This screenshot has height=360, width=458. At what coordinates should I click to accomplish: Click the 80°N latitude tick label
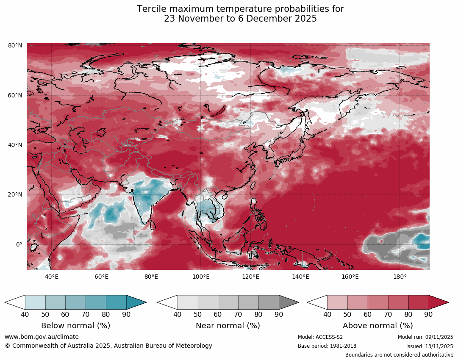click(x=15, y=45)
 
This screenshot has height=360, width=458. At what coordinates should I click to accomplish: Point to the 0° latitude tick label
click(x=19, y=244)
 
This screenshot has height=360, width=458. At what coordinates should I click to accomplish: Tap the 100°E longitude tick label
click(x=201, y=277)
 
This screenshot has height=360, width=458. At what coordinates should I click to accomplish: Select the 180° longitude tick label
click(x=400, y=277)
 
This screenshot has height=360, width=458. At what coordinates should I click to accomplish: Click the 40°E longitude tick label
click(x=52, y=277)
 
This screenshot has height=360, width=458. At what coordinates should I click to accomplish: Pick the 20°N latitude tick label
click(x=15, y=195)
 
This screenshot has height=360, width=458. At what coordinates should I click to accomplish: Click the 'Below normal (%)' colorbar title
click(x=75, y=326)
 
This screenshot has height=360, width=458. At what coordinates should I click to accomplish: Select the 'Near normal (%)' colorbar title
click(x=228, y=326)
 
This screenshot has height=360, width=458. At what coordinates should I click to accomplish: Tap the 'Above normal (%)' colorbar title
click(x=378, y=326)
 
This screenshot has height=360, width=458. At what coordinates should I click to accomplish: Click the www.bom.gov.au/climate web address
click(x=42, y=337)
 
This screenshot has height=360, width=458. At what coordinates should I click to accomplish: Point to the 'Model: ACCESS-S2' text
click(x=320, y=337)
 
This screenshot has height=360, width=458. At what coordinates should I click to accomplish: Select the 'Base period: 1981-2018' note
click(x=327, y=346)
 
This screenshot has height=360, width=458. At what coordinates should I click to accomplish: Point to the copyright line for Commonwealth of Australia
click(x=108, y=346)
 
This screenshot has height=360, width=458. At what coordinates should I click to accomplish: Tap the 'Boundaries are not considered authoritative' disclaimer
click(x=399, y=355)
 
